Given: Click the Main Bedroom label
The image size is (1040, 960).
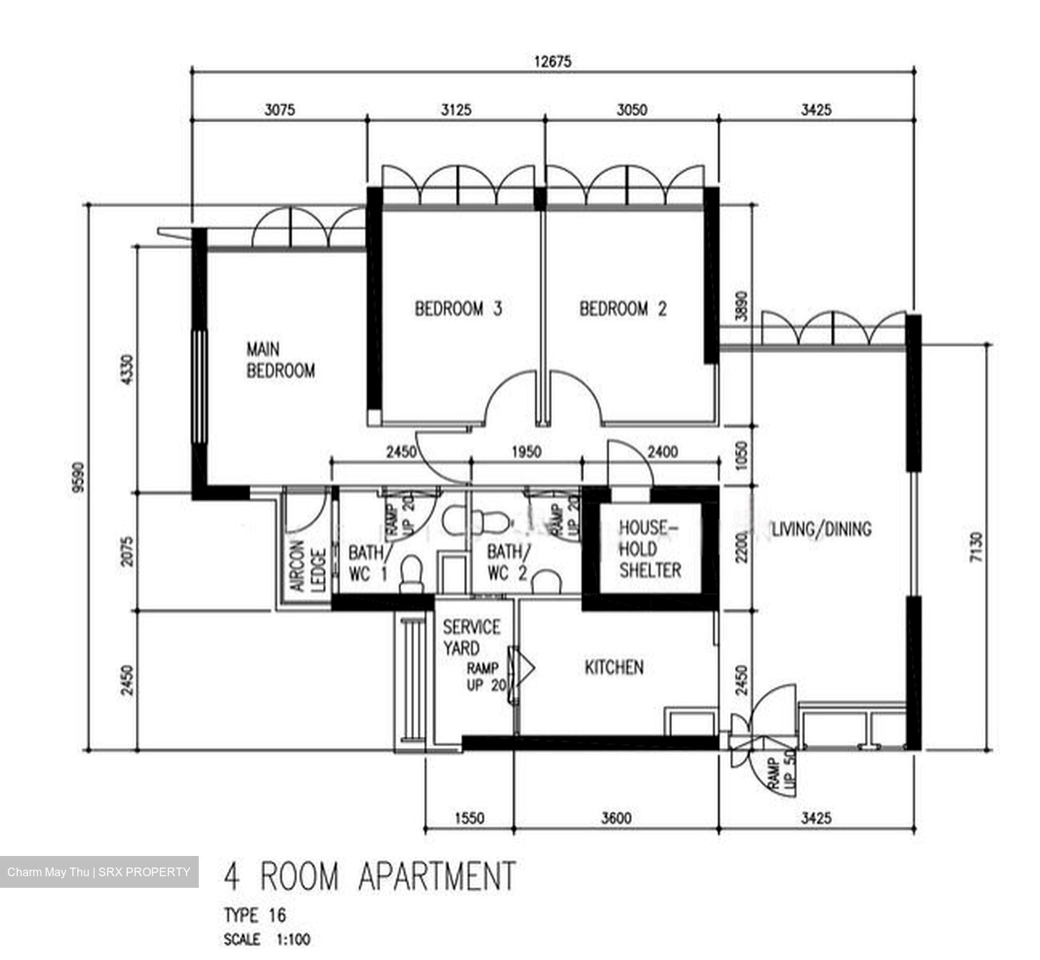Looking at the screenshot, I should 280,360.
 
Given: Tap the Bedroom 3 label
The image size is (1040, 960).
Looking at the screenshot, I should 458,309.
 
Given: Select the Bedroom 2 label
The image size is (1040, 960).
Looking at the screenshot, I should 623,309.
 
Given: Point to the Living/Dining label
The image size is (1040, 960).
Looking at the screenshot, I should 822,529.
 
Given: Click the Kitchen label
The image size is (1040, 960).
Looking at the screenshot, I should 614,667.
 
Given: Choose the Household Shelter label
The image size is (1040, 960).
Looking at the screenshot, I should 650,549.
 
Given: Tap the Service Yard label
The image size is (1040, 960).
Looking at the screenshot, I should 471,637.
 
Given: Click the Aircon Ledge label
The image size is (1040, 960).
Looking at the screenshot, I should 308,567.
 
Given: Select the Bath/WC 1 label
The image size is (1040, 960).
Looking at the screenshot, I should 369,563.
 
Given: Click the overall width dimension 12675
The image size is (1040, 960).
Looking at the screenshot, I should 552,61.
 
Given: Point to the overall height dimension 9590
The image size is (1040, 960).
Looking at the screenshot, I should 78,477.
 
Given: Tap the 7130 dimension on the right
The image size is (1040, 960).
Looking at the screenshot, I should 976,547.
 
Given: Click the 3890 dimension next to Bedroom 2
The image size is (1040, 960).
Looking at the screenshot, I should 741,306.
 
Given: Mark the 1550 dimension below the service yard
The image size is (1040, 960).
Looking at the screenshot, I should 470,818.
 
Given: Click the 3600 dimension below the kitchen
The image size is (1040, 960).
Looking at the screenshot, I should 616,818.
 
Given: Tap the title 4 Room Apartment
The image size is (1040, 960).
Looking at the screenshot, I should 369,876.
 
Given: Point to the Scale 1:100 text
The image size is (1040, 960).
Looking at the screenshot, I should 267,940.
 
